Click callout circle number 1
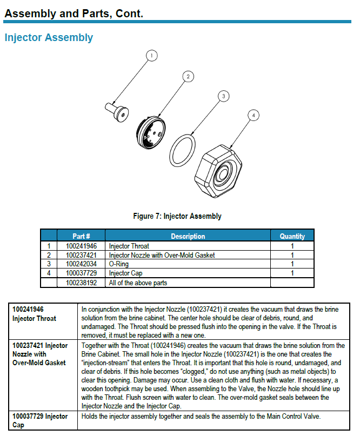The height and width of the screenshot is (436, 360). [152, 55]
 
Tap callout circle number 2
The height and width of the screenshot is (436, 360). [188, 76]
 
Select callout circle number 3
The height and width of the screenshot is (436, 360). [222, 96]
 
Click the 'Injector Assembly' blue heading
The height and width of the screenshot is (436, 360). [49, 38]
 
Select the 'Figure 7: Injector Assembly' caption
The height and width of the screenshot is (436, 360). [177, 216]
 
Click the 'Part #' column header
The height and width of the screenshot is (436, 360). [81, 236]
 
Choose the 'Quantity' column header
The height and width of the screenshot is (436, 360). [292, 236]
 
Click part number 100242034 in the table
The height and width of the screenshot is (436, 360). [81, 264]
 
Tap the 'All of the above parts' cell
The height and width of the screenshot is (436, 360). [138, 282]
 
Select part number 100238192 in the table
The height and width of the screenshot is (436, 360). [81, 282]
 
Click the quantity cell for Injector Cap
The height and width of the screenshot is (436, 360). [292, 273]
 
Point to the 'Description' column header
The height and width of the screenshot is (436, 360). [188, 236]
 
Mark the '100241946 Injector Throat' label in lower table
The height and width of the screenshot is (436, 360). [34, 314]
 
